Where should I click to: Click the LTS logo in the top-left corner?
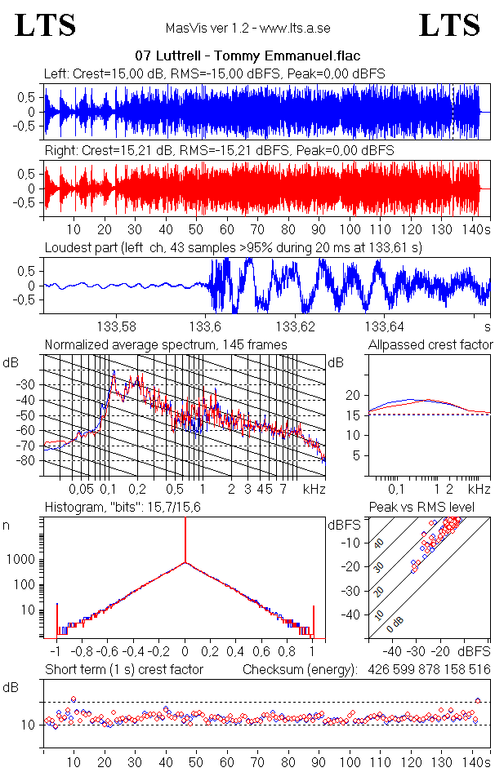click(x=46, y=25)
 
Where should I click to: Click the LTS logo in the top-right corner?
click(x=449, y=25)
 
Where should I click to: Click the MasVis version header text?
click(x=247, y=28)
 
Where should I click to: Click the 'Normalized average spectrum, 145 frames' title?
click(x=166, y=345)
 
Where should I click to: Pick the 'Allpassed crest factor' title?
click(x=430, y=345)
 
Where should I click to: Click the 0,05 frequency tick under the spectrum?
click(x=80, y=489)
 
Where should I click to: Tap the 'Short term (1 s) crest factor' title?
click(x=123, y=670)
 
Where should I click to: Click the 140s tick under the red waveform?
click(x=475, y=230)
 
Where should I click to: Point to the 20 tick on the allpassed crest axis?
click(x=352, y=395)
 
